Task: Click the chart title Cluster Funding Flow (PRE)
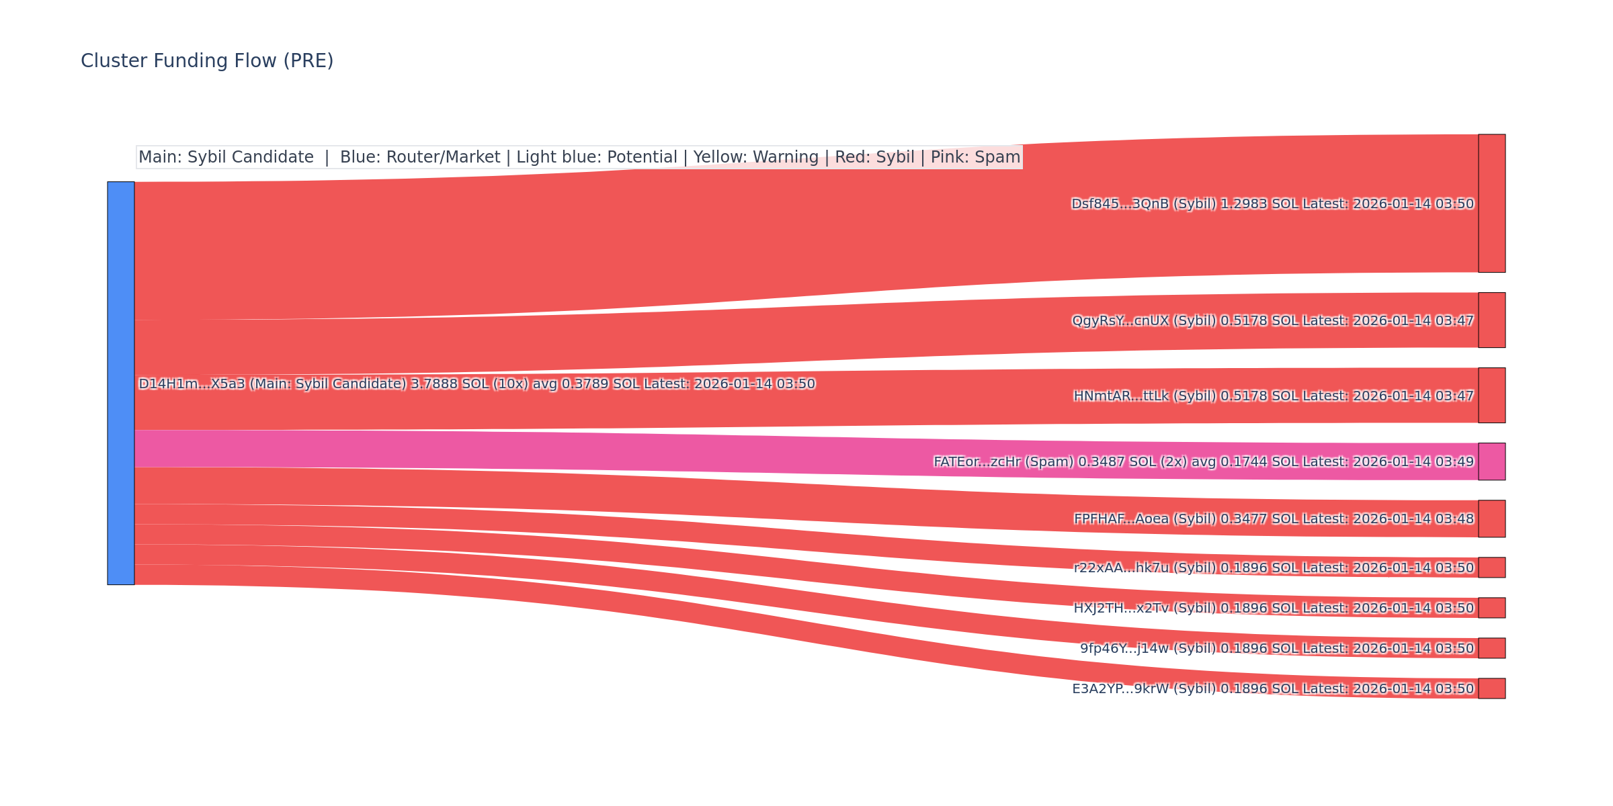(x=207, y=61)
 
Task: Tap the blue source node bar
(x=121, y=383)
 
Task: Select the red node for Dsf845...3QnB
(x=1491, y=204)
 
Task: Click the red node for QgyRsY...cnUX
(x=1491, y=320)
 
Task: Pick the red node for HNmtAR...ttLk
(x=1491, y=395)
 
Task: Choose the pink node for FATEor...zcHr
(x=1491, y=461)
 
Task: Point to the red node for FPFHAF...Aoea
(x=1491, y=519)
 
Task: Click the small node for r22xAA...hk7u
(x=1491, y=568)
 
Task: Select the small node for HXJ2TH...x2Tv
(x=1491, y=608)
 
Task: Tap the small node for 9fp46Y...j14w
(x=1491, y=648)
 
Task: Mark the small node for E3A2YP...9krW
(x=1491, y=688)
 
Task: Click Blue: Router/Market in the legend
(x=420, y=157)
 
